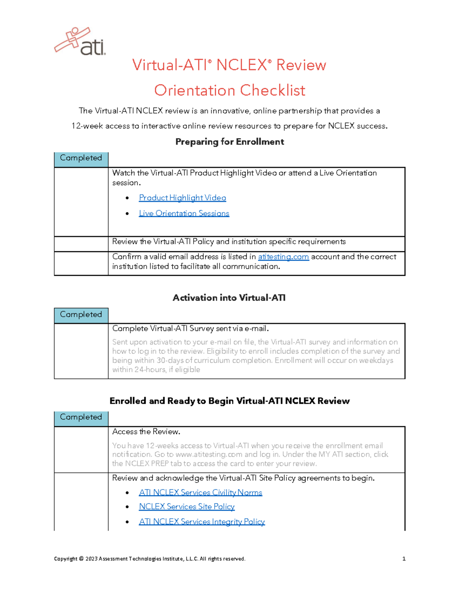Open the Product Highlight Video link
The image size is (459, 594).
182,198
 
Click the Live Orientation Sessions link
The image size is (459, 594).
184,213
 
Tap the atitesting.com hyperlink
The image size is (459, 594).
283,257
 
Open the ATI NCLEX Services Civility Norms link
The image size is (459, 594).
200,493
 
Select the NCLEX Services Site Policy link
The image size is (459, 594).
187,507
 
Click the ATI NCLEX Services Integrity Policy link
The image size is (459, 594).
202,522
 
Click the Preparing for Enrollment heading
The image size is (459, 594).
229,142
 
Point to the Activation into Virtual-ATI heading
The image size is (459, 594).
229,298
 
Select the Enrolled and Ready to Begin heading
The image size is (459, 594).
229,401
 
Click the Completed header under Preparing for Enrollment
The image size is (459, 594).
81,158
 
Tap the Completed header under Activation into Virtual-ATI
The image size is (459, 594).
81,315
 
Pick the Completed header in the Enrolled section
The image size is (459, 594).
81,417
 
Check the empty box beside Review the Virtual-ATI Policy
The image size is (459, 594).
81,244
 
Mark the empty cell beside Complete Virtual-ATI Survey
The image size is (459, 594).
81,351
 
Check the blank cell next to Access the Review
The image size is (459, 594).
81,449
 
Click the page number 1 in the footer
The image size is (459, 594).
404,559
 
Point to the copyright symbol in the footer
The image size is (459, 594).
81,559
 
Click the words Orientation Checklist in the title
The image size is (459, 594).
229,91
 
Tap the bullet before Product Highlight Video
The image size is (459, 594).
127,198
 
